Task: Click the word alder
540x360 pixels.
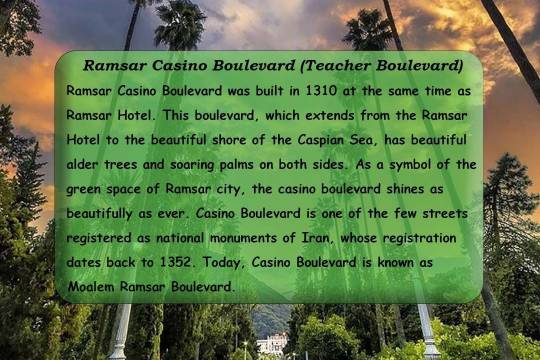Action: click(x=84, y=164)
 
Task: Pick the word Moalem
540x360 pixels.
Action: click(x=93, y=287)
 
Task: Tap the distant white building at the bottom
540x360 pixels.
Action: click(x=271, y=343)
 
